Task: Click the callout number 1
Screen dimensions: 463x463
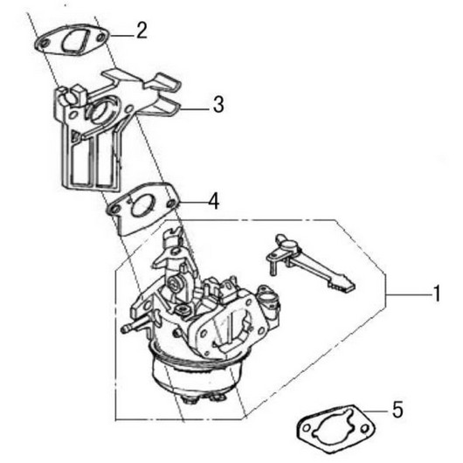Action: click(x=437, y=294)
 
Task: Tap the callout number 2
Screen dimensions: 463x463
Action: click(x=142, y=31)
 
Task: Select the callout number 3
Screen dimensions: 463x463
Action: click(x=218, y=104)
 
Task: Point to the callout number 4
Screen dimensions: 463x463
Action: click(x=214, y=201)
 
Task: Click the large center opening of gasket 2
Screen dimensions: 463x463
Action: click(x=74, y=42)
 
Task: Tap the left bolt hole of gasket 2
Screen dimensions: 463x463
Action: click(x=45, y=44)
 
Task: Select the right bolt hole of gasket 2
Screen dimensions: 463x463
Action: click(x=101, y=38)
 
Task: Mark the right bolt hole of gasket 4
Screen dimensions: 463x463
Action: click(x=170, y=204)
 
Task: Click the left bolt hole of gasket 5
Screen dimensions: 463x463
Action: click(x=308, y=428)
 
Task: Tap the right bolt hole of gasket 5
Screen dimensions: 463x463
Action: click(x=365, y=428)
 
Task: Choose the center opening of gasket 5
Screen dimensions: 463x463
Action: click(x=334, y=425)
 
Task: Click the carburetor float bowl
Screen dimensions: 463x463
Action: click(x=193, y=375)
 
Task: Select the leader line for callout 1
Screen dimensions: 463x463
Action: click(x=409, y=294)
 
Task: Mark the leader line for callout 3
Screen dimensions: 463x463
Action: click(x=196, y=109)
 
